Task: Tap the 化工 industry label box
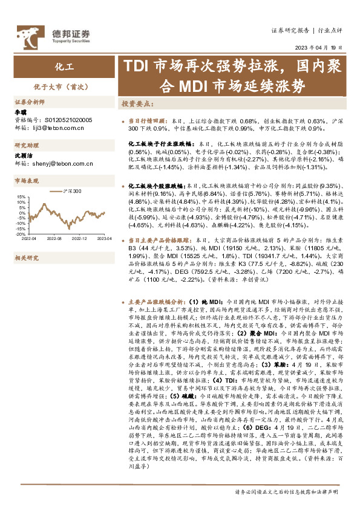point(60,67)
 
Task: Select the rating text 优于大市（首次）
point(60,86)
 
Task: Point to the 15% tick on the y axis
point(21,197)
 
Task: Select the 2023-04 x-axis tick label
point(103,239)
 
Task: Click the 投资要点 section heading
point(138,104)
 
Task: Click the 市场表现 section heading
point(27,180)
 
